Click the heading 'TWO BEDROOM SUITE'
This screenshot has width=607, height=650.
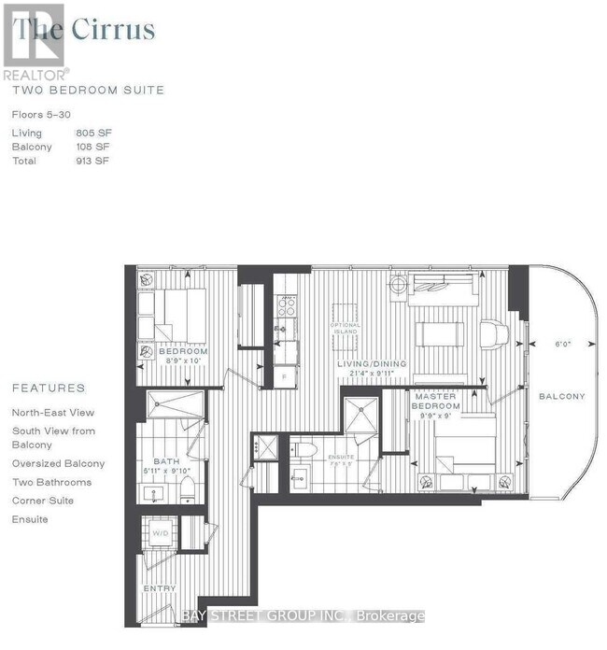coord(88,91)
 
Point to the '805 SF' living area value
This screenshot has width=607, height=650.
coord(92,134)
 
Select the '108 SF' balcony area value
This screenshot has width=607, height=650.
coord(92,148)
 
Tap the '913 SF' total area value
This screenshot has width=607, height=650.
coord(92,161)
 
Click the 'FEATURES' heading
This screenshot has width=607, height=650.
coord(49,389)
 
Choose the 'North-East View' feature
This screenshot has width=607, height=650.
coord(53,412)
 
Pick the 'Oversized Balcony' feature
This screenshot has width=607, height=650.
coord(58,463)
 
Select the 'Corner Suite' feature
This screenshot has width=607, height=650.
coord(43,501)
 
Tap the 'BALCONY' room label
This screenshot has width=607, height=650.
coord(561,396)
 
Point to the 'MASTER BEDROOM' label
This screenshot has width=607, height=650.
coord(437,402)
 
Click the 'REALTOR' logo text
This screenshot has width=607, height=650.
coord(35,73)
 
